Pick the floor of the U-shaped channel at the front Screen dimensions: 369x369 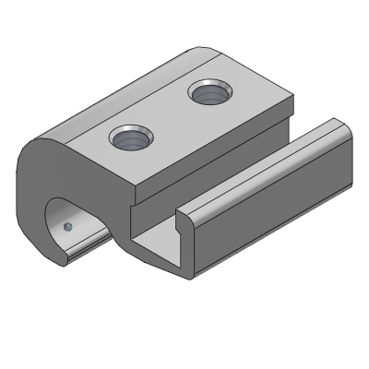(x=157, y=250)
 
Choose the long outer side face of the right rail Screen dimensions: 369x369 (x=277, y=203)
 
